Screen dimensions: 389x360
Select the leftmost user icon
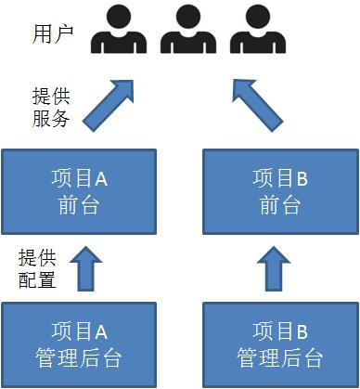coord(118,32)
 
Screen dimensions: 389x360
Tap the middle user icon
coord(187,32)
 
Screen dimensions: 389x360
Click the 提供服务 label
coord(50,107)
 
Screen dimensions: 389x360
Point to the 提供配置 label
coord(36,266)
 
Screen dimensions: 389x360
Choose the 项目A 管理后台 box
coord(80,343)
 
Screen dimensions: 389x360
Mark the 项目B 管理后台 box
coord(279,343)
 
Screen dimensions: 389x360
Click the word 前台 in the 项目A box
coord(79,205)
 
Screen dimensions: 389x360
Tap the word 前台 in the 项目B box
coord(279,205)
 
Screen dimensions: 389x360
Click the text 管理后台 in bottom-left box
coord(79,357)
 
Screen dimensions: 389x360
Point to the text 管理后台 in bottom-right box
coord(279,357)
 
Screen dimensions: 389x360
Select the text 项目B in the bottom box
coord(279,331)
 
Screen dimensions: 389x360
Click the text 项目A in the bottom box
coord(79,331)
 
